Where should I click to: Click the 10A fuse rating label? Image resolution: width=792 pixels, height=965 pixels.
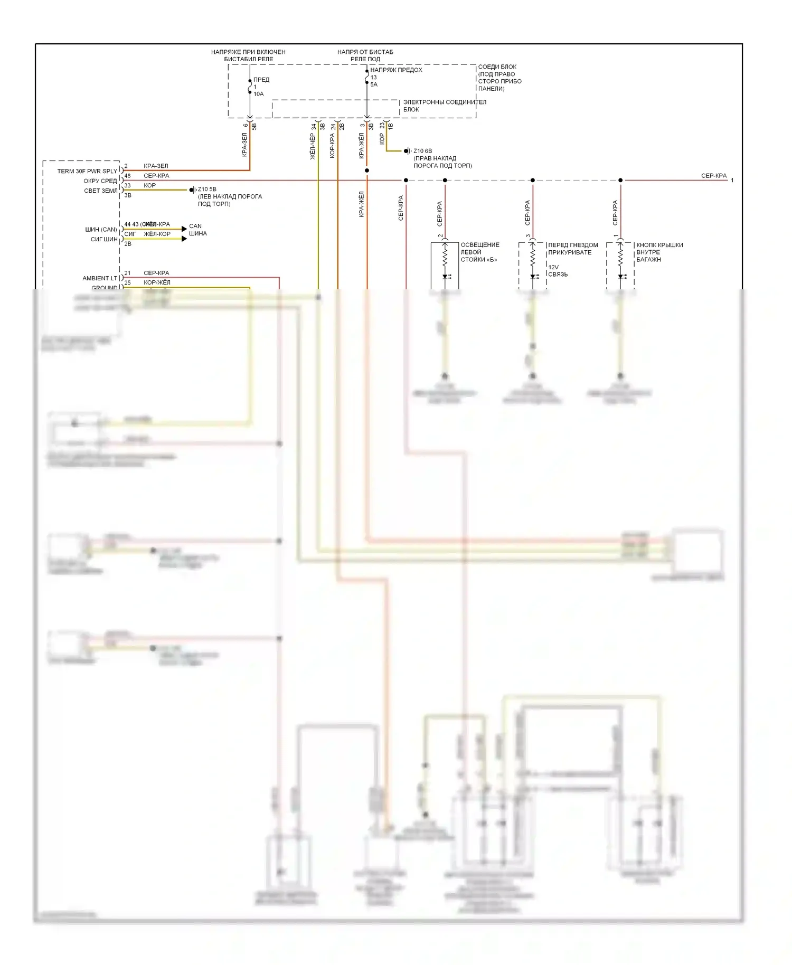[258, 94]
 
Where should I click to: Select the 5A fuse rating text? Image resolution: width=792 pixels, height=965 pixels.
[374, 84]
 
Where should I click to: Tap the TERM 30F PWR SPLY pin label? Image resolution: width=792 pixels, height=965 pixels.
[87, 171]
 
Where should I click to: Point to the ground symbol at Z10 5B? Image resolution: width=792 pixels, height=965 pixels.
[193, 190]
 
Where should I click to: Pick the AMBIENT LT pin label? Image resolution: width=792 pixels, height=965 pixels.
[100, 278]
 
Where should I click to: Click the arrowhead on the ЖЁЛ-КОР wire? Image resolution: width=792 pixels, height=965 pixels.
[184, 239]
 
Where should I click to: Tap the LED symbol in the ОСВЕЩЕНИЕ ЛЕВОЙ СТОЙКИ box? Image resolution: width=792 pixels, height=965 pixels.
[445, 277]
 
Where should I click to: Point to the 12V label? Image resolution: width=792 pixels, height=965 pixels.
[553, 267]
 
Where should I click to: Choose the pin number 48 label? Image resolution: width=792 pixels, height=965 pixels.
[128, 176]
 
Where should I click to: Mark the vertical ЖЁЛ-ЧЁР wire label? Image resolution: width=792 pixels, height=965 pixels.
[313, 146]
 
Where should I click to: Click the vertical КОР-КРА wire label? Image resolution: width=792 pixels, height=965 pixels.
[332, 146]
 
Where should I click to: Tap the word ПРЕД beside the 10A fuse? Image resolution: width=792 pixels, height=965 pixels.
[261, 80]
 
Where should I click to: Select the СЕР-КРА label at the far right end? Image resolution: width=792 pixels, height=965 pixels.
[713, 176]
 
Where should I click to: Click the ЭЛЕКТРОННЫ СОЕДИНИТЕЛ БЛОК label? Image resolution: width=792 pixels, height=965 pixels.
[445, 106]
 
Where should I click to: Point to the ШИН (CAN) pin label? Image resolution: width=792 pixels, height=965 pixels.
[101, 230]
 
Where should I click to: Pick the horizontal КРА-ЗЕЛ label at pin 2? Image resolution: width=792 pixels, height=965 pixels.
[156, 166]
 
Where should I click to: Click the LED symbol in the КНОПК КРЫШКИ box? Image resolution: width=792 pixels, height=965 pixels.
[621, 277]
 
